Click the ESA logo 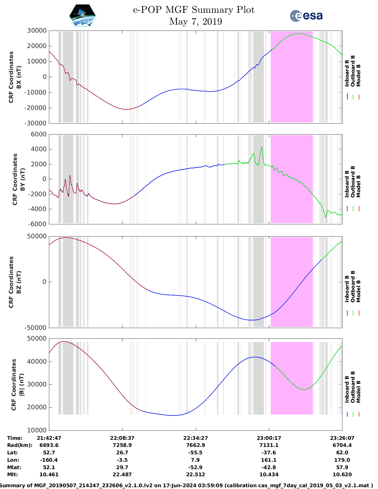point(306,16)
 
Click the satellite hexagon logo point(82,16)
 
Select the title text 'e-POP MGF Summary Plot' point(194,10)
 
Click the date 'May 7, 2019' point(195,22)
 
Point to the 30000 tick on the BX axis point(37,31)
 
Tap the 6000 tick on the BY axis point(39,134)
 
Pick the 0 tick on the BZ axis point(44,282)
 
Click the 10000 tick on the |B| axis point(37,430)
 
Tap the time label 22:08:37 point(122,438)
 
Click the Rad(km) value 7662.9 point(195,445)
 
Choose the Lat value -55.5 point(195,453)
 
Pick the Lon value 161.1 point(269,460)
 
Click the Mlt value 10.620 point(342,474)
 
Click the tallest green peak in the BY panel point(261,148)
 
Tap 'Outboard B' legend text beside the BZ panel point(353,287)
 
